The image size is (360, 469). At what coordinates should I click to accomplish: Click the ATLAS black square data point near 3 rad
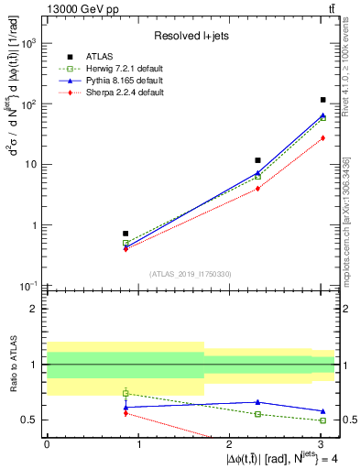pos(323,100)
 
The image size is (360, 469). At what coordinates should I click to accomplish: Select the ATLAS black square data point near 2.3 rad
pos(258,160)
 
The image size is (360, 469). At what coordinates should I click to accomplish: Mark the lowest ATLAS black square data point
pos(125,234)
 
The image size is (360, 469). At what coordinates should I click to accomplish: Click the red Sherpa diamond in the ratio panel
pos(125,413)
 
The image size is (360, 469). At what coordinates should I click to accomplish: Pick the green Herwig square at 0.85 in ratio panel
pos(125,393)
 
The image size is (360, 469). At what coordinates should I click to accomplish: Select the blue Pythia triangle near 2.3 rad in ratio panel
pos(258,402)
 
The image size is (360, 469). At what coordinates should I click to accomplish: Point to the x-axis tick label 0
pos(47,442)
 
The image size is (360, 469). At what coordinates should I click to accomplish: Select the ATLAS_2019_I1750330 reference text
pos(191,273)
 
